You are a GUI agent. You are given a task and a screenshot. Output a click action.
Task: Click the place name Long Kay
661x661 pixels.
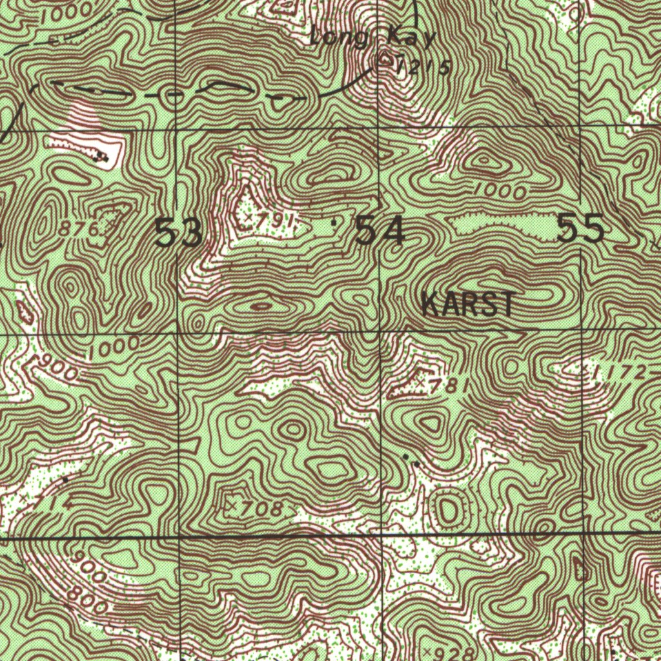(372, 37)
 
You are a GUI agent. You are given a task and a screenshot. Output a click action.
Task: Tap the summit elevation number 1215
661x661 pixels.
(423, 66)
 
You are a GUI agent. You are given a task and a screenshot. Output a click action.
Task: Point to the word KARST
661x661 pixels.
(468, 304)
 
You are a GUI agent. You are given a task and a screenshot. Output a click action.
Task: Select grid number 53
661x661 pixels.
(179, 233)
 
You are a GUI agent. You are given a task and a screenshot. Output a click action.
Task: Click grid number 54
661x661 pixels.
(380, 231)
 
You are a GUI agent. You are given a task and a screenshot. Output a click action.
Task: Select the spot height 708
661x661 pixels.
(260, 509)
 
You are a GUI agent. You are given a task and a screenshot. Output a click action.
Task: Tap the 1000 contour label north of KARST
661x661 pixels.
(498, 191)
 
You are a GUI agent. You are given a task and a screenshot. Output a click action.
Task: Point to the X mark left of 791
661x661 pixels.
(247, 218)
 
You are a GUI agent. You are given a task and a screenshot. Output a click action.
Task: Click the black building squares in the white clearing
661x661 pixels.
(100, 155)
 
